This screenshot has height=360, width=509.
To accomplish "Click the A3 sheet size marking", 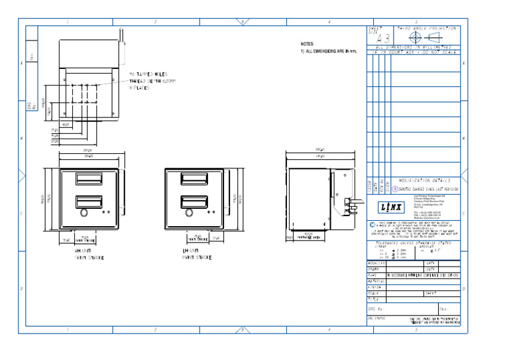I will pos(380,38).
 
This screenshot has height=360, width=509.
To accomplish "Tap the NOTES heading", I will pos(306,44).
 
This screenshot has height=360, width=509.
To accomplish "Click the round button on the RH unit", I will pos(84,213).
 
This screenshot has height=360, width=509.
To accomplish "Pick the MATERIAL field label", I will pos(376,281).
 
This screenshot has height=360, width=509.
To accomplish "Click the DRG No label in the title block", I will pos(375,309).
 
